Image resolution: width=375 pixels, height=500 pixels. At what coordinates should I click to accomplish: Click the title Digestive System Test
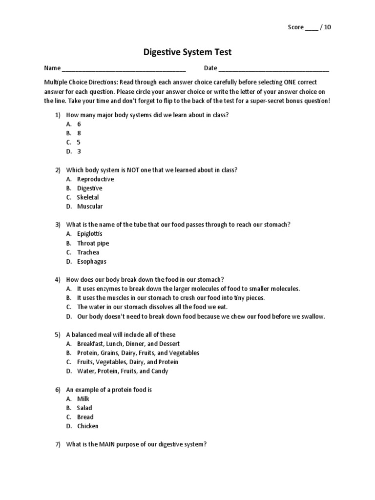pyautogui.click(x=187, y=52)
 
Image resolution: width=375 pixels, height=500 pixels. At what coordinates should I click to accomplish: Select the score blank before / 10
pyautogui.click(x=311, y=28)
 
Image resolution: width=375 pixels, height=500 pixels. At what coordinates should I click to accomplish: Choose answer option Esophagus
pyautogui.click(x=91, y=262)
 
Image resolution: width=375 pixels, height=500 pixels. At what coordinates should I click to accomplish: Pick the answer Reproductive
pyautogui.click(x=95, y=179)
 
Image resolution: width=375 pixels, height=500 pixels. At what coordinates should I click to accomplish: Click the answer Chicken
pyautogui.click(x=88, y=426)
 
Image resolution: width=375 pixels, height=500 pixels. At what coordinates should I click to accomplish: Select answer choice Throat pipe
pyautogui.click(x=93, y=243)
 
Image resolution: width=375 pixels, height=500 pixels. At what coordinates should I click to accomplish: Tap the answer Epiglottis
pyautogui.click(x=90, y=234)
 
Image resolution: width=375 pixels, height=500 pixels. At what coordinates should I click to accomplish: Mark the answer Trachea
pyautogui.click(x=88, y=252)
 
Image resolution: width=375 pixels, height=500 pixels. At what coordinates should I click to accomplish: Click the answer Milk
pyautogui.click(x=83, y=399)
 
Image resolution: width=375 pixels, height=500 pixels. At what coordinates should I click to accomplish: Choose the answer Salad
pyautogui.click(x=84, y=408)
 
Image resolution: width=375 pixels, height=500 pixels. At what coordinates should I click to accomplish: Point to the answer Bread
pyautogui.click(x=85, y=417)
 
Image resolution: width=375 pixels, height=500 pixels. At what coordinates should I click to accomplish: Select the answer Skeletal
pyautogui.click(x=88, y=197)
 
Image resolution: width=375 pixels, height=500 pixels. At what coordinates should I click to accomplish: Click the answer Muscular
pyautogui.click(x=90, y=207)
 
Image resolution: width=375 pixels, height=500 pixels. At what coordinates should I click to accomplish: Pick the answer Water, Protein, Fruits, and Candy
pyautogui.click(x=123, y=371)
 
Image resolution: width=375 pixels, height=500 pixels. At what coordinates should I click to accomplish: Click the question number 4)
pyautogui.click(x=58, y=280)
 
